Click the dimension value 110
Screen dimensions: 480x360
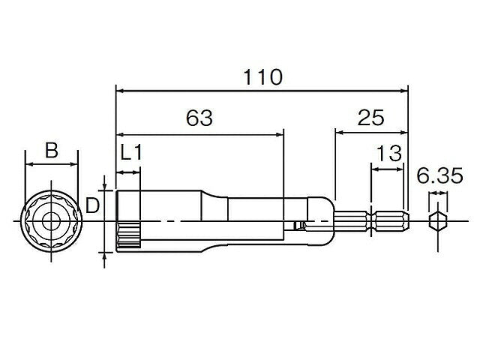(262, 76)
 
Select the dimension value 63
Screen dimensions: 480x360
(199, 118)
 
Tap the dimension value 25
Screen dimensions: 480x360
(370, 117)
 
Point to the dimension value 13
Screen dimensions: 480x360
(388, 153)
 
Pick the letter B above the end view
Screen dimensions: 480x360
(52, 150)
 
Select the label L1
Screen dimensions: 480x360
(131, 152)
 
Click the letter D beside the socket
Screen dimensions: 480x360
(92, 205)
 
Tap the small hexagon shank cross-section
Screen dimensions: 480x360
(438, 221)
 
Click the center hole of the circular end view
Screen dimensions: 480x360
(51, 221)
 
